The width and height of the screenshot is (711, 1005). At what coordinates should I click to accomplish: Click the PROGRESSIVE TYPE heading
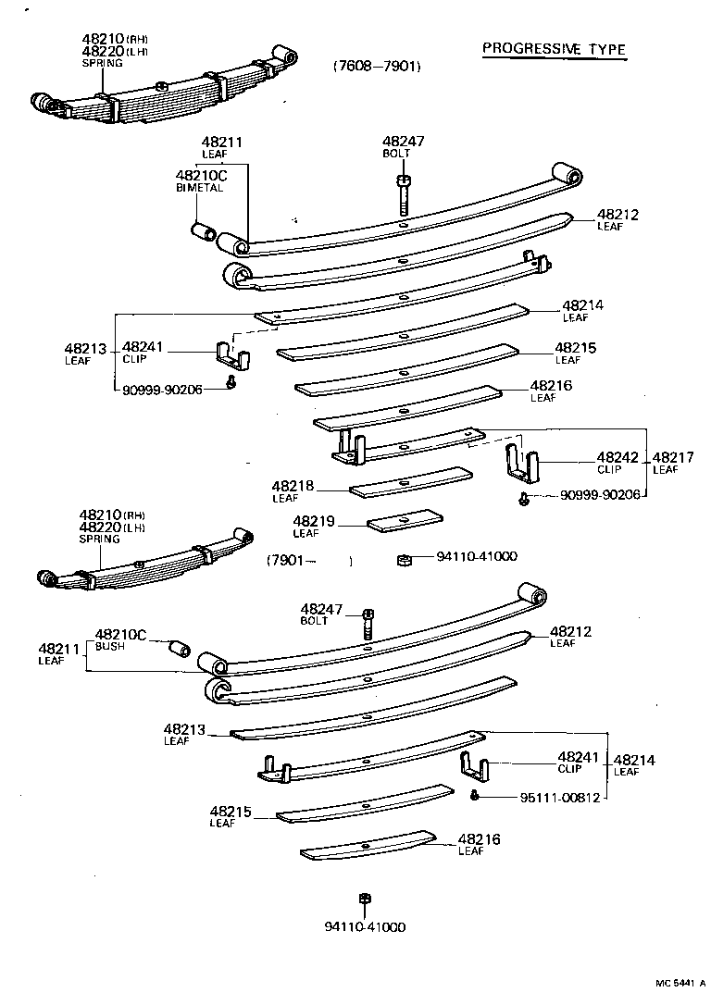coord(554,50)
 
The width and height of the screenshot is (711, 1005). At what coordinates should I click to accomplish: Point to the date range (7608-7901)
coord(377,67)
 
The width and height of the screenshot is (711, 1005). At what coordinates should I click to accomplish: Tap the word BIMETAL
coord(200,187)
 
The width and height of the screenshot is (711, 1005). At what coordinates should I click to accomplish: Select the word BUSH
coord(108,646)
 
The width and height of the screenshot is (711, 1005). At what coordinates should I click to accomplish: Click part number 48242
coord(612,457)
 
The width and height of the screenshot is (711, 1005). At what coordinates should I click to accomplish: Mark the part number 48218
coord(293,486)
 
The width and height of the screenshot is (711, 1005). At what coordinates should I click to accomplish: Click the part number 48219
coord(313,522)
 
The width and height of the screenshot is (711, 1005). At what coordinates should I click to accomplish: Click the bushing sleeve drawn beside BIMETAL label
coord(202,230)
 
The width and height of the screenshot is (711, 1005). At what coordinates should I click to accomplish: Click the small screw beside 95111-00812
coord(474,796)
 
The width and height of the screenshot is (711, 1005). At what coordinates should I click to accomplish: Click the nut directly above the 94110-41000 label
coord(365,899)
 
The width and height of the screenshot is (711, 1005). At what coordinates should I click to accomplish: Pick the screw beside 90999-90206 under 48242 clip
coord(524,500)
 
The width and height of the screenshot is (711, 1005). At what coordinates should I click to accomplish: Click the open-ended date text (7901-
coord(293,560)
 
